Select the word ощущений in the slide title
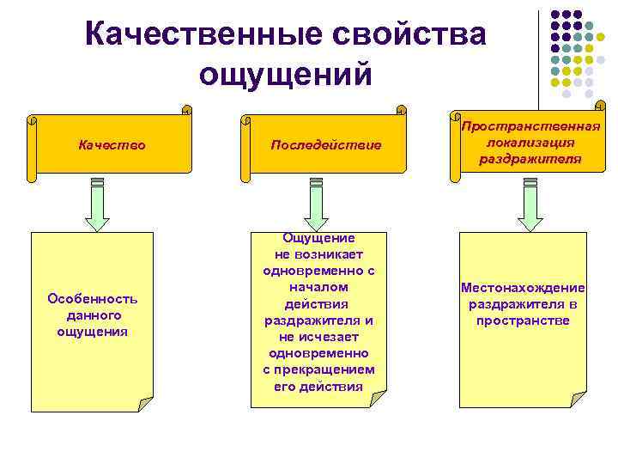click(x=286, y=74)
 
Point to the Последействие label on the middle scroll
click(x=324, y=145)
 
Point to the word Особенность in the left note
click(x=93, y=299)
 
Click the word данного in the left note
click(x=93, y=315)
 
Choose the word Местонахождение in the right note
click(x=522, y=289)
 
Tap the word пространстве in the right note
click(x=522, y=321)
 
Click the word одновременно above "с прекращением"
click(x=318, y=353)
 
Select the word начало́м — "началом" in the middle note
click(x=318, y=288)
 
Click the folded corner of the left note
click(x=145, y=403)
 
